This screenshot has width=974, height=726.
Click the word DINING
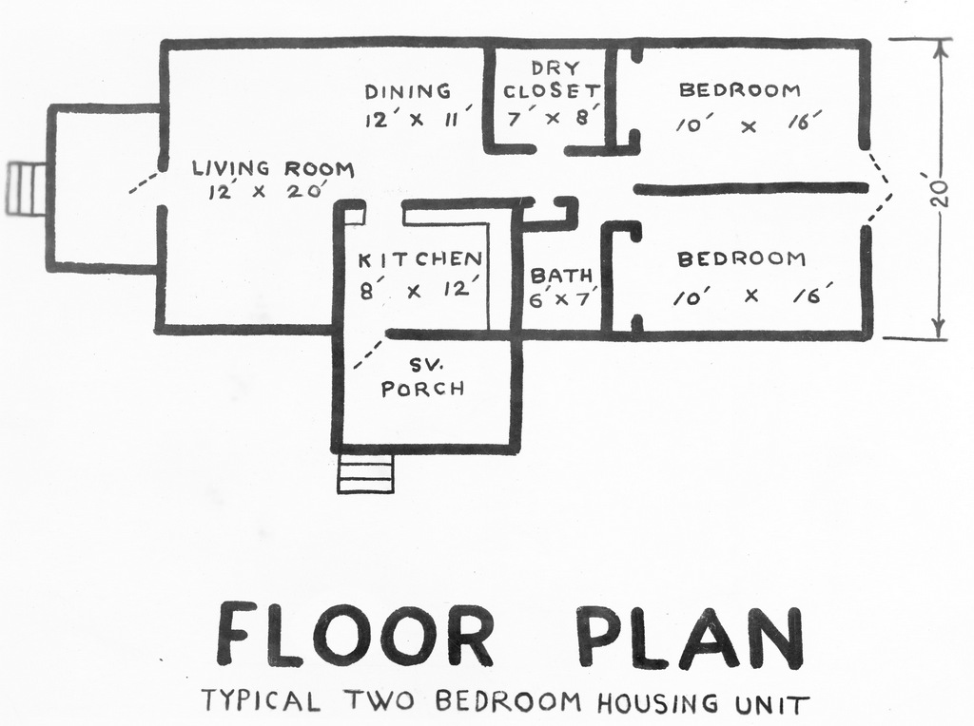[x=407, y=91]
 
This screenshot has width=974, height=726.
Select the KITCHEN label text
[x=419, y=258]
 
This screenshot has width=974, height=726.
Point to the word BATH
[x=561, y=276]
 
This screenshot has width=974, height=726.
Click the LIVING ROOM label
[x=273, y=168]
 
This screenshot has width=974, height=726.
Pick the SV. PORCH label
[x=422, y=378]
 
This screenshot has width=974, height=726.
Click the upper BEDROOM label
[x=740, y=90]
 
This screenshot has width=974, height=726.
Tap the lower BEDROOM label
[x=741, y=258]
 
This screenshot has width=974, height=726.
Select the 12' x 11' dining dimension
[x=419, y=117]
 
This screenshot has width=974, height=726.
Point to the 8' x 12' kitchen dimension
[x=419, y=289]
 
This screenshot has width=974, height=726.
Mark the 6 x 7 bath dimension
[x=562, y=299]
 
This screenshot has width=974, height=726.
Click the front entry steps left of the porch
[x=27, y=189]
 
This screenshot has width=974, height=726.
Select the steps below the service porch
[x=365, y=474]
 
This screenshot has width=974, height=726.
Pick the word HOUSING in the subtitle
[x=657, y=703]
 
